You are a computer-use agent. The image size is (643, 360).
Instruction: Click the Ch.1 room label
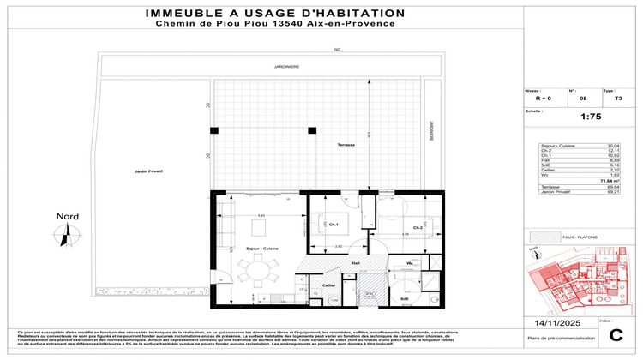click(333, 225)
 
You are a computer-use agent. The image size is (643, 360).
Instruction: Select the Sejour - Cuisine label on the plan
click(262, 248)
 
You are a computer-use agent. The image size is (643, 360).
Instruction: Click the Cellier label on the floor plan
click(328, 285)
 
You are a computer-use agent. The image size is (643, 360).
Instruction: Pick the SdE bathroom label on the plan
click(404, 298)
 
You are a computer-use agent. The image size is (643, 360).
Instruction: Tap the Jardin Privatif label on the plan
click(148, 172)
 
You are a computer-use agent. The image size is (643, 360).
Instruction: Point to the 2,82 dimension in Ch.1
click(340, 247)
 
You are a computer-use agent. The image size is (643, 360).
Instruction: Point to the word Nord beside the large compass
click(66, 216)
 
